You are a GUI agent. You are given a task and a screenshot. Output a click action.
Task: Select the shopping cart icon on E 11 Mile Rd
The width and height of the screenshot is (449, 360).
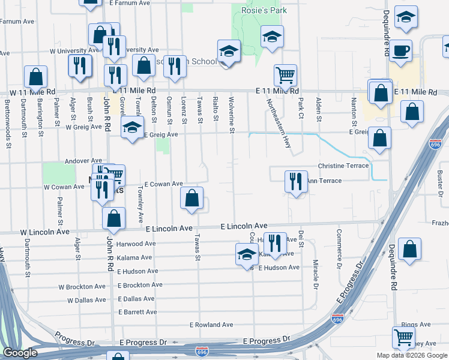coord(285,76)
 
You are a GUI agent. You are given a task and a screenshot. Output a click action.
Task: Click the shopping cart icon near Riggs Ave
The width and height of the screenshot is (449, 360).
coord(403,337)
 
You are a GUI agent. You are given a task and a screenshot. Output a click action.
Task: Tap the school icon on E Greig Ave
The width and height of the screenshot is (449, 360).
coord(132,127)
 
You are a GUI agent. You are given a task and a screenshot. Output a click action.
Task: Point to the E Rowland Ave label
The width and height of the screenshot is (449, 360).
coord(211,325)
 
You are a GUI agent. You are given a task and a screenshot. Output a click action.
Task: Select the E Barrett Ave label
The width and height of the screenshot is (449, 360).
coord(138,312)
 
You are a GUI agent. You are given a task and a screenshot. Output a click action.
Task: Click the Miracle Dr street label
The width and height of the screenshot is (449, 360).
coord(315,274)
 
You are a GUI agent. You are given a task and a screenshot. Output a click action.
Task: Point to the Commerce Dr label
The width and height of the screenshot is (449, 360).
coord(339,248)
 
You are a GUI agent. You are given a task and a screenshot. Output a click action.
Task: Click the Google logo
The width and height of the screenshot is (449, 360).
coord(20,353)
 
